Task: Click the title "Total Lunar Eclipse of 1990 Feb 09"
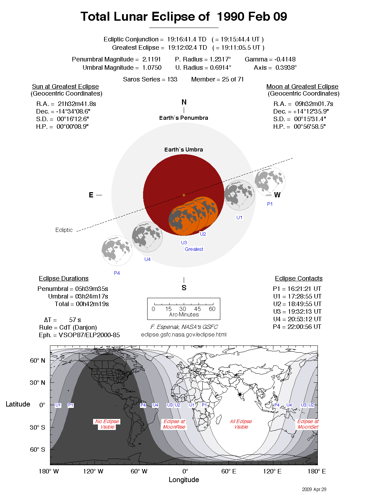pos(184,17)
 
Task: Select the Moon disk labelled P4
pos(117,251)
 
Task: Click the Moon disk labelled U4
pos(147,237)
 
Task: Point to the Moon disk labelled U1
pos(239,195)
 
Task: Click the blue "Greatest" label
pos(194,249)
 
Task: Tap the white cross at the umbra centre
pos(184,195)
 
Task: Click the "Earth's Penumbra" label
pos(183,118)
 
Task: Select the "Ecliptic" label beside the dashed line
pos(64,230)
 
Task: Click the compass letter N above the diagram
pos(184,102)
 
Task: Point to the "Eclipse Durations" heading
pos(63,278)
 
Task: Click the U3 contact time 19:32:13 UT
pos(297,312)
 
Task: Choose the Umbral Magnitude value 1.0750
pos(152,68)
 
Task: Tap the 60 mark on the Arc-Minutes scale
pos(212,309)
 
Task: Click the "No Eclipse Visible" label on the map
pos(107,424)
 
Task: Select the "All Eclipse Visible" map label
pos(241,424)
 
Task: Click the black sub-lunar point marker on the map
pos(240,394)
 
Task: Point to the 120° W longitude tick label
pos(93,471)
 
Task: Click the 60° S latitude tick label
pos(37,450)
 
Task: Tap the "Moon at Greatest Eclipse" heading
pos(302,87)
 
